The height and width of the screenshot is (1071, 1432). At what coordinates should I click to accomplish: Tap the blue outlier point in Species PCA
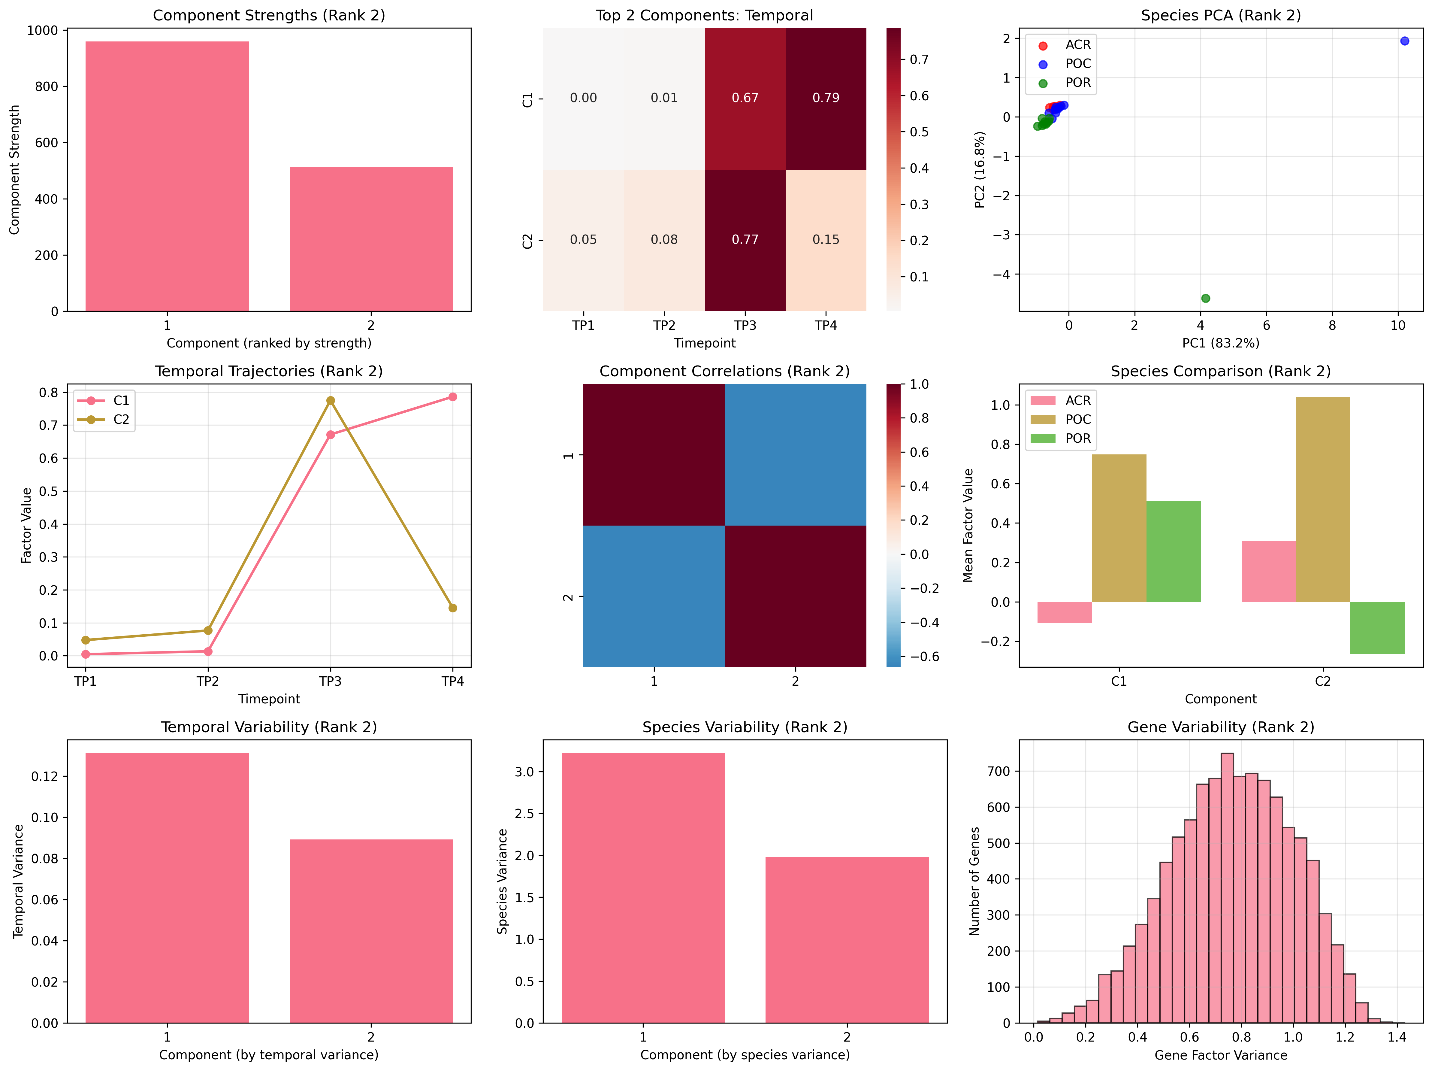(1404, 41)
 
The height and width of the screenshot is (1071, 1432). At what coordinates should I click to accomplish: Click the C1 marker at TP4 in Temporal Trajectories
(452, 397)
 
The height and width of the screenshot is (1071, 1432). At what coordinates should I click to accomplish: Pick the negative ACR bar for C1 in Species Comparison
(1064, 613)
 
